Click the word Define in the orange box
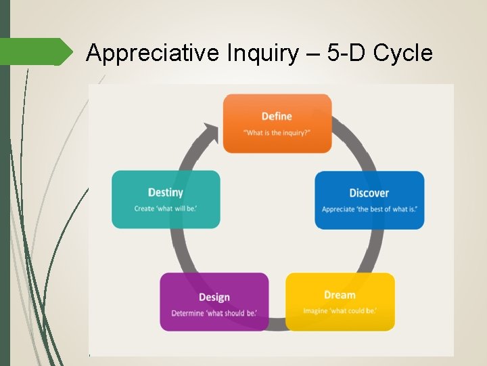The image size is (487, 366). coord(277,117)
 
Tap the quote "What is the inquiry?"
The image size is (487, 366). coord(277,133)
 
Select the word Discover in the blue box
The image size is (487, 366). coord(369,193)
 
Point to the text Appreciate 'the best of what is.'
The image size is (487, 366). coord(369,209)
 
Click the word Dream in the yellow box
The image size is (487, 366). coord(340,295)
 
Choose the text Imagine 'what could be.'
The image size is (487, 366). coord(340,311)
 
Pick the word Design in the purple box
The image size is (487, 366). coord(214,297)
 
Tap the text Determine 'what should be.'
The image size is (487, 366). coord(214,313)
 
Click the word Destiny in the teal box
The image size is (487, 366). coord(166,192)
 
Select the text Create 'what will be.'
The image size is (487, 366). coord(166,209)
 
